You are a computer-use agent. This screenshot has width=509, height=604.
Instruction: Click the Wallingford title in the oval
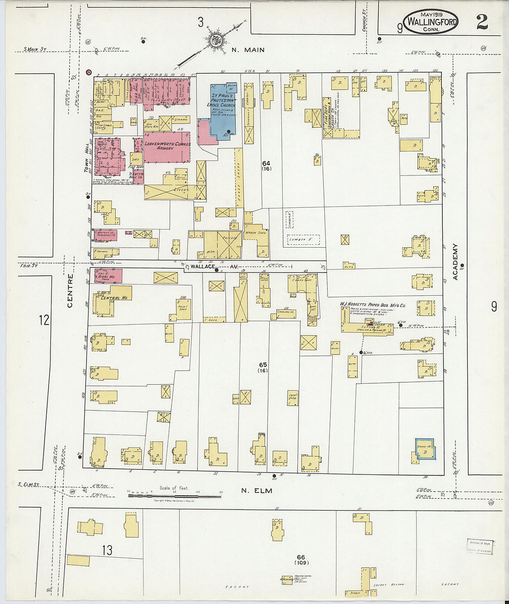coord(431,22)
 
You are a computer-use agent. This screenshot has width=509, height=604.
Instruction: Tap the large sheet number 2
coord(482,22)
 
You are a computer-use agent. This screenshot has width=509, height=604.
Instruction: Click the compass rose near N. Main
coord(215,39)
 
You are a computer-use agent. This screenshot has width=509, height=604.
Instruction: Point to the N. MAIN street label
coord(248,50)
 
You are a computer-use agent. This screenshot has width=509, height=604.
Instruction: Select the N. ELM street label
coord(256,490)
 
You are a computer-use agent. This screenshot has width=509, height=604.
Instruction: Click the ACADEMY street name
coord(455,262)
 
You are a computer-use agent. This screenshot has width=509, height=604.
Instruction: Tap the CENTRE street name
coord(70,291)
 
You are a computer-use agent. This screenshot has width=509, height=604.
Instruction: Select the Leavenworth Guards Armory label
coord(167,146)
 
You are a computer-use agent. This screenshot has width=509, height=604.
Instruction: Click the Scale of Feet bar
coord(174,495)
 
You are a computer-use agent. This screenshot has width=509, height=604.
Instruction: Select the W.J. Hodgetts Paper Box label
coord(372,305)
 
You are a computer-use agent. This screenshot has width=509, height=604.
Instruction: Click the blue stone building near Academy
coord(425,448)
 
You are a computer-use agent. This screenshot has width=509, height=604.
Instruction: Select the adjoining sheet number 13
coord(107,550)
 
